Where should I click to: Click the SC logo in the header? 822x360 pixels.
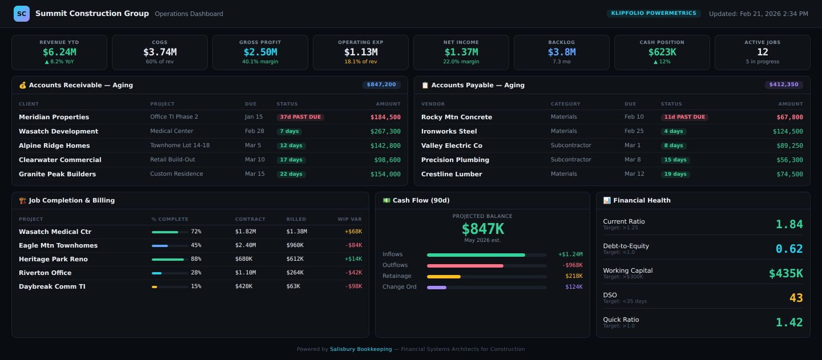point(22,14)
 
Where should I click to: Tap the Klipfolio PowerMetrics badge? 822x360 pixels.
point(654,13)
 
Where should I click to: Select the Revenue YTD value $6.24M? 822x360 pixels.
point(59,52)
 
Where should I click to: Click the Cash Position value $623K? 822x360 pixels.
point(662,52)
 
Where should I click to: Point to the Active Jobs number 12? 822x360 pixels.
point(762,52)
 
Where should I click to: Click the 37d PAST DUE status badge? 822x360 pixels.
point(300,117)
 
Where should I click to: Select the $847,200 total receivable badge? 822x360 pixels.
point(381,84)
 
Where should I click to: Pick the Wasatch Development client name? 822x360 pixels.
point(58,131)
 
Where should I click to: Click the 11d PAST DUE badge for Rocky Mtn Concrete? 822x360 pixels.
point(684,117)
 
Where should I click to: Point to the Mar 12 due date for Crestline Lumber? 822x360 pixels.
point(634,174)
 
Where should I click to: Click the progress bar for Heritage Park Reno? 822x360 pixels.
point(170,259)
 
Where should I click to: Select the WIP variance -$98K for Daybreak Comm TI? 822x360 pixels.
point(353,286)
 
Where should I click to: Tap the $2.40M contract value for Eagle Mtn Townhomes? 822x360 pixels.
point(245,245)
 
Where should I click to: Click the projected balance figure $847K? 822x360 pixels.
point(482,229)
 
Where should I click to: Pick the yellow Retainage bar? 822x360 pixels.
point(444,276)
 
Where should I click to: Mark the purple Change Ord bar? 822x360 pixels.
point(437,287)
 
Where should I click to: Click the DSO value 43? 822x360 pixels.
point(796,298)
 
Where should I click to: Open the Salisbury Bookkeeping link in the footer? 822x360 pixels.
point(361,349)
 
